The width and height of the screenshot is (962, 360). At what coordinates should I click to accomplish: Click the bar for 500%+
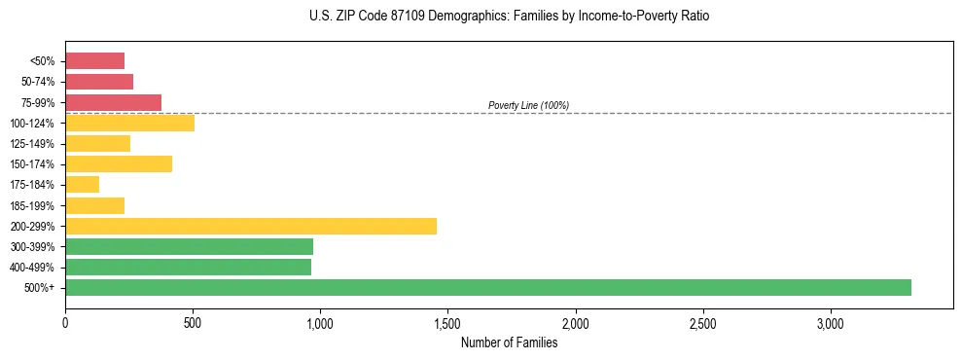(487, 287)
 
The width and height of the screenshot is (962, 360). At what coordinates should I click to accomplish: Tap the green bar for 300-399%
(189, 246)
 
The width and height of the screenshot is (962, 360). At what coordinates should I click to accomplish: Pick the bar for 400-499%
(188, 267)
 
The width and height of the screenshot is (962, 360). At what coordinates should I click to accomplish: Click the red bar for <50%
(94, 60)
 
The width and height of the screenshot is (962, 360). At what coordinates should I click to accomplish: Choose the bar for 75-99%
(113, 102)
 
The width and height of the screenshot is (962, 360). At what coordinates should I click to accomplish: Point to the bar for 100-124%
(129, 123)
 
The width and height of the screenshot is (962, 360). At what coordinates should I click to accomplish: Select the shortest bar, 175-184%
(82, 184)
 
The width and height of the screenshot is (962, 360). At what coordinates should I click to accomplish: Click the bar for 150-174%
(119, 163)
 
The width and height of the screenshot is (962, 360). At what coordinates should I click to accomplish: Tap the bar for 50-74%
(99, 82)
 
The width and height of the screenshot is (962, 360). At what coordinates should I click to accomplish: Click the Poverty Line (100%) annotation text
(528, 105)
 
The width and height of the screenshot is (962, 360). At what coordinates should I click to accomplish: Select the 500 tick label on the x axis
(193, 323)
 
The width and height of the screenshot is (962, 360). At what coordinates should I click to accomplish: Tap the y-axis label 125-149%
(34, 144)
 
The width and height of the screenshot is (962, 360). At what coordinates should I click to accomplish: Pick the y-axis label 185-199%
(34, 205)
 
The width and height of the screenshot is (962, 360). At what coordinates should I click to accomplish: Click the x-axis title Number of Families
(509, 342)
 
